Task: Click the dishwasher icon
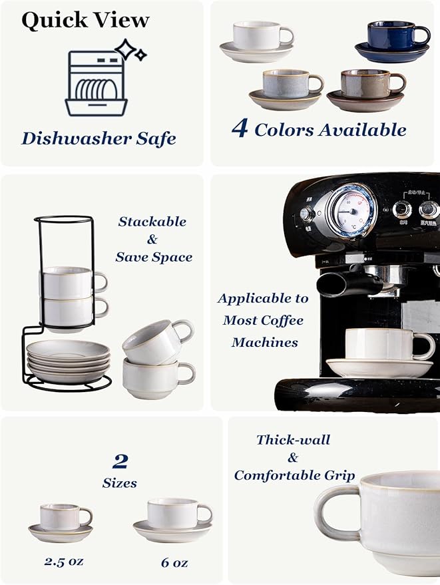click(97, 83)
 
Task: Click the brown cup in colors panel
click(365, 85)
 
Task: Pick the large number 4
click(240, 128)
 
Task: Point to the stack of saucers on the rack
click(68, 359)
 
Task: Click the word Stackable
click(152, 222)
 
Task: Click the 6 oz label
click(174, 562)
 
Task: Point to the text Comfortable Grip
click(294, 475)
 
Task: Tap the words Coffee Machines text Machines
click(265, 343)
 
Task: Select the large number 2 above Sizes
click(120, 461)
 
